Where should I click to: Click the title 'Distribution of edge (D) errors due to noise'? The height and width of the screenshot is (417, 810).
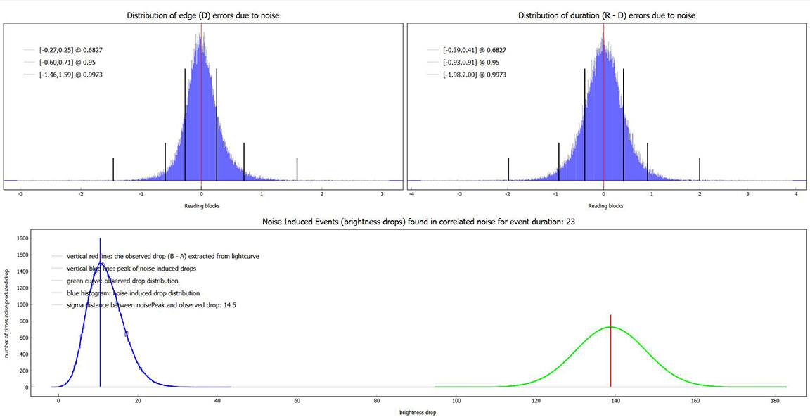pyautogui.click(x=202, y=15)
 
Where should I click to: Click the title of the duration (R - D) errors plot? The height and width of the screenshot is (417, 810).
pyautogui.click(x=606, y=15)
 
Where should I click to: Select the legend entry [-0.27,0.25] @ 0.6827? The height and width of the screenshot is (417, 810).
pyautogui.click(x=64, y=50)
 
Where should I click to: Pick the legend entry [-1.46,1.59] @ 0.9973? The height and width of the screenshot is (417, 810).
pyautogui.click(x=64, y=75)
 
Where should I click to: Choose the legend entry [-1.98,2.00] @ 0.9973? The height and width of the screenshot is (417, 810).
pyautogui.click(x=469, y=75)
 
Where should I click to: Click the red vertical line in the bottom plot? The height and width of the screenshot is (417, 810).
pyautogui.click(x=611, y=352)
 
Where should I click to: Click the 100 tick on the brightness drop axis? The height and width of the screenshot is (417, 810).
pyautogui.click(x=456, y=402)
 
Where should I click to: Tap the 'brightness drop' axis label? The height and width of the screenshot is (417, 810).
pyautogui.click(x=418, y=413)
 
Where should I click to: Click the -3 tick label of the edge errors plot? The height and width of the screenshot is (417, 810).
pyautogui.click(x=20, y=195)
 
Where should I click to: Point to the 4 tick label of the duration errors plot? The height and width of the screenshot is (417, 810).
pyautogui.click(x=795, y=195)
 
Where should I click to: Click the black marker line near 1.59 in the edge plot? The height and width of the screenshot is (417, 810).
pyautogui.click(x=297, y=169)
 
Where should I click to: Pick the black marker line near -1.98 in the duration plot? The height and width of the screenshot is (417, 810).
pyautogui.click(x=508, y=169)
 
